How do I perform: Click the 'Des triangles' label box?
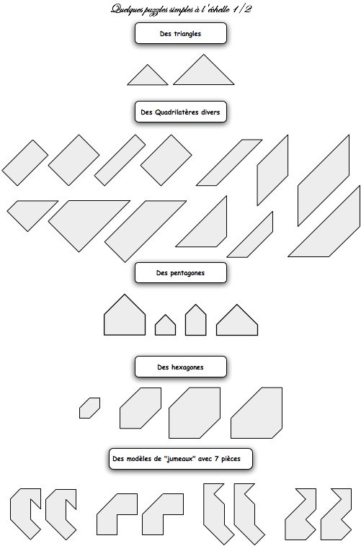(180, 33)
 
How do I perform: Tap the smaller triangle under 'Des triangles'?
(148, 77)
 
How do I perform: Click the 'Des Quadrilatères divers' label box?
(180, 112)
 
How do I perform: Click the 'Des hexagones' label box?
(180, 367)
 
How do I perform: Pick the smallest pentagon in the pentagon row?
(165, 326)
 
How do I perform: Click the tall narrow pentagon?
(195, 321)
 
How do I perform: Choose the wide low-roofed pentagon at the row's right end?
(237, 322)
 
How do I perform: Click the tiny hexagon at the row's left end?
(89, 408)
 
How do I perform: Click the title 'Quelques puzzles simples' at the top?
(153, 9)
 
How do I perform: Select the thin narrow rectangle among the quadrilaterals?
(120, 160)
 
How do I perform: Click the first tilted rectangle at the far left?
(25, 163)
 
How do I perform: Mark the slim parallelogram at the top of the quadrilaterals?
(229, 162)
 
